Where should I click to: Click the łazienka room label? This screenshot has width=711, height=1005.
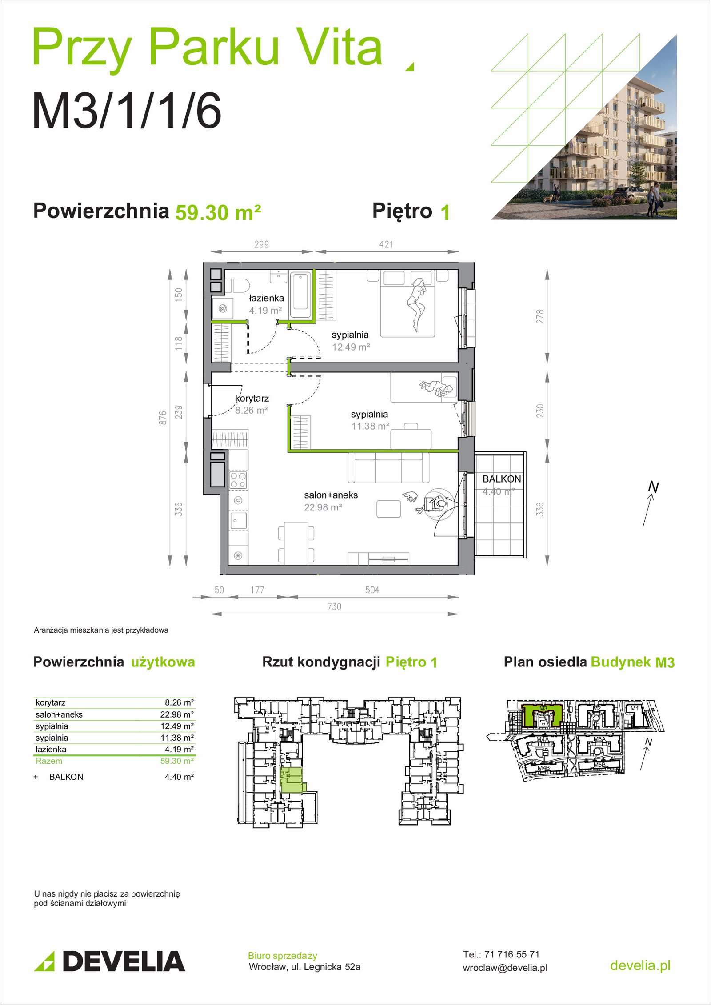[x=266, y=298]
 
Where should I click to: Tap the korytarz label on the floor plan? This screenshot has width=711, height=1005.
[x=252, y=399]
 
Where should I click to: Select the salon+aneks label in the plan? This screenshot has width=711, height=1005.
[x=331, y=495]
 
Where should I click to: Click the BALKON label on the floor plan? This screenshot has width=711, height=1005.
[x=502, y=479]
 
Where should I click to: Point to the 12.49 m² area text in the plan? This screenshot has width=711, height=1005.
[x=351, y=347]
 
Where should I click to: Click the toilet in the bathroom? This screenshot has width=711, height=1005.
[x=237, y=285]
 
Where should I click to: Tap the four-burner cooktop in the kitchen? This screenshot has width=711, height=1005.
[x=238, y=480]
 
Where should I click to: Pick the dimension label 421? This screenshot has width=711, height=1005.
[x=386, y=244]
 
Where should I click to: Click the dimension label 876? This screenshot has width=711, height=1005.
[x=163, y=418]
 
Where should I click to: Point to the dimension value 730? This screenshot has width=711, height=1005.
[x=334, y=606]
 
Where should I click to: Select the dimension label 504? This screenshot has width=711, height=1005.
[x=372, y=590]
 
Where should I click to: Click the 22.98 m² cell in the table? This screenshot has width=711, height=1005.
[x=177, y=714]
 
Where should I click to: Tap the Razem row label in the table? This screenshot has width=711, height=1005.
[x=49, y=761]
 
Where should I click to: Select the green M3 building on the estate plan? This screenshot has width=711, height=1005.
[x=543, y=714]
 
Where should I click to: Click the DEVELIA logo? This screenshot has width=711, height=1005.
[x=109, y=961]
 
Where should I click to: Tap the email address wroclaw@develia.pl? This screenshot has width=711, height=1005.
[x=505, y=968]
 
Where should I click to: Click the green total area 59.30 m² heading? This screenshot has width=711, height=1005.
[x=218, y=212]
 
